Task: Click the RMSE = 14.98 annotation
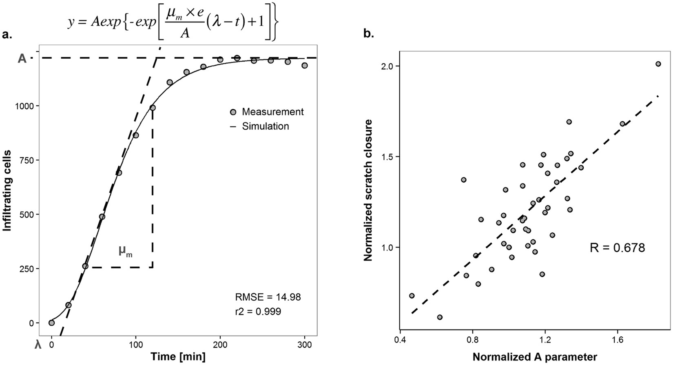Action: [268, 297]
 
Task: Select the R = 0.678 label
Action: [617, 248]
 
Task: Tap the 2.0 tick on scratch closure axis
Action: [389, 66]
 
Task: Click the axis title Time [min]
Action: [178, 356]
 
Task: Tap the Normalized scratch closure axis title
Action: [368, 190]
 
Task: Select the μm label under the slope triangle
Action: [125, 251]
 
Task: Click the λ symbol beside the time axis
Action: [38, 345]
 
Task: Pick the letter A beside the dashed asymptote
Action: [22, 59]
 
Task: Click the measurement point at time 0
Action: [51, 323]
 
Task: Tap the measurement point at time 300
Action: [304, 65]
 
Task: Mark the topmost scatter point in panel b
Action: [658, 64]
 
